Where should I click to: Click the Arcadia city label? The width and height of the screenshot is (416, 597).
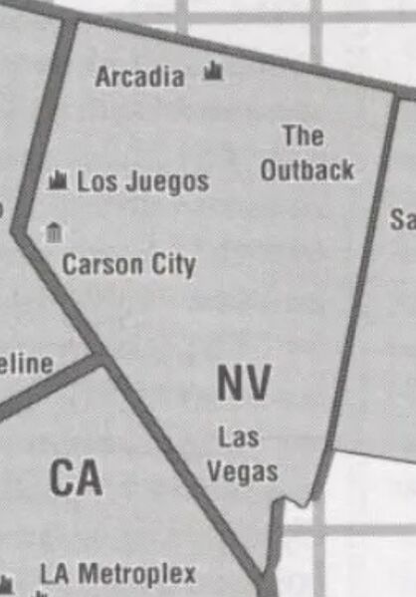140,77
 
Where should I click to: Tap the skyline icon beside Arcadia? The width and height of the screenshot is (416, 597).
213,71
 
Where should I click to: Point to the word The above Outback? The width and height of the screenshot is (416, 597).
303,135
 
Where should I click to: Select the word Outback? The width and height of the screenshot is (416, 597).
307,169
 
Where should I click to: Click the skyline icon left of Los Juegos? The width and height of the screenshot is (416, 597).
59,180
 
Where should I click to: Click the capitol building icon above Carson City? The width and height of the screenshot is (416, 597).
54,233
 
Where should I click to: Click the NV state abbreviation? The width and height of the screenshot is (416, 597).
243,383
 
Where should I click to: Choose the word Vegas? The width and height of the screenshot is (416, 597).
242,470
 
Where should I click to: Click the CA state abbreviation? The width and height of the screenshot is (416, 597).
76,479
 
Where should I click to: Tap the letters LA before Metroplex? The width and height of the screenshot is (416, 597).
56,575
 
